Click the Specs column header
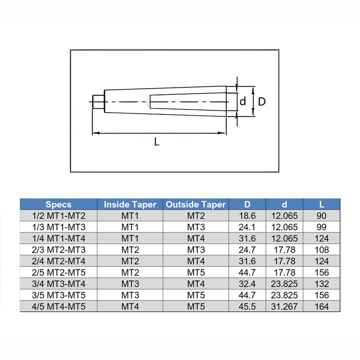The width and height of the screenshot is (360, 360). [x=58, y=204]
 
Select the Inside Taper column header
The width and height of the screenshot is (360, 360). [x=130, y=204]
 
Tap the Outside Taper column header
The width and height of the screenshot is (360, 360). [x=196, y=204]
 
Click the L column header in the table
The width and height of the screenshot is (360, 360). [x=321, y=204]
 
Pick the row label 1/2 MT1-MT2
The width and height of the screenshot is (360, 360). [x=58, y=216]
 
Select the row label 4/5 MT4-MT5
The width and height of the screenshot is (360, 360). [x=58, y=306]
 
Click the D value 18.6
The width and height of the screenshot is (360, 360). [x=247, y=216]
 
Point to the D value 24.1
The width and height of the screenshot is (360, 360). [x=247, y=227]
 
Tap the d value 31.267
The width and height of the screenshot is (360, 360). [x=284, y=306]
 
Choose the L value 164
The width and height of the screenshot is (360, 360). [x=321, y=306]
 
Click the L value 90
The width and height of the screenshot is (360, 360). [x=321, y=216]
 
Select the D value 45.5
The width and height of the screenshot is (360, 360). [x=247, y=306]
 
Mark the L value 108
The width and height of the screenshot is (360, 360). [x=321, y=250]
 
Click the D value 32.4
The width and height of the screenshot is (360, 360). [x=247, y=284]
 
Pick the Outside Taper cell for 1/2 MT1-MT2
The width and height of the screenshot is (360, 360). [x=196, y=216]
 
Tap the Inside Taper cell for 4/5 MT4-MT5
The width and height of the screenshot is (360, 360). [x=130, y=306]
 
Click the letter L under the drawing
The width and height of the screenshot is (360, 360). [x=157, y=142]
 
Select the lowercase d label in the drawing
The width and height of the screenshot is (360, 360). [x=243, y=101]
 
